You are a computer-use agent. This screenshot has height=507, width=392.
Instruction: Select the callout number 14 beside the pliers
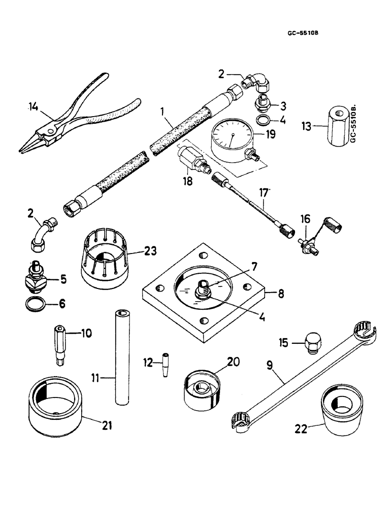point(33,106)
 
